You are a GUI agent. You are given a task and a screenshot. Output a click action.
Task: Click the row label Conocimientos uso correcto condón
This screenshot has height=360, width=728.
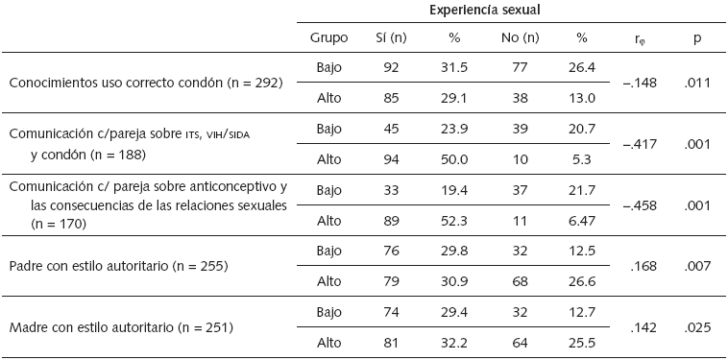(145, 83)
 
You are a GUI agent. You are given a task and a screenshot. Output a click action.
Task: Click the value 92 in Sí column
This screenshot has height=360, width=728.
(392, 67)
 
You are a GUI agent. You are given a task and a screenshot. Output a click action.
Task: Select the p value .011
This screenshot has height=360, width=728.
(696, 83)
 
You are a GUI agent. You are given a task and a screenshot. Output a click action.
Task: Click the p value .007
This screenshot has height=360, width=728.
(696, 264)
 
